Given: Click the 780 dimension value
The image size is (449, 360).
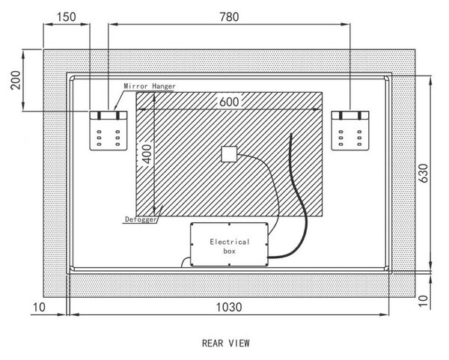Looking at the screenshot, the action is (229, 17).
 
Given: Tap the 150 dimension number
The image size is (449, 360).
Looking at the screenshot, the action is (66, 17).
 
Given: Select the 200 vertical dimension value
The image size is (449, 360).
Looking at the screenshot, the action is (16, 80).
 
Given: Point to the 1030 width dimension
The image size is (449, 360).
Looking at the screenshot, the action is (229, 308).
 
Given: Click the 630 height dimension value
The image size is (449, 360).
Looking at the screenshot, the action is (424, 173).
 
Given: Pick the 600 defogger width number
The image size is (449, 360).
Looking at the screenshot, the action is (229, 102).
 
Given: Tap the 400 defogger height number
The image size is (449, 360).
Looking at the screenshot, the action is (147, 154).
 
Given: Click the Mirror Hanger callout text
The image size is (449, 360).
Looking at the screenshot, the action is (150, 86).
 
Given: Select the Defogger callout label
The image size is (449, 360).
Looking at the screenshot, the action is (141, 219).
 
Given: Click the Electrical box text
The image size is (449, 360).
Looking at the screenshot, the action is (230, 246).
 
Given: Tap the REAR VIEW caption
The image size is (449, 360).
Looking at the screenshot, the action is (226, 343).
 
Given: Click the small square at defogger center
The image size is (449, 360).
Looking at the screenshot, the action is (229, 154).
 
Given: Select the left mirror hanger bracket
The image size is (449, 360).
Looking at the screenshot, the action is (109, 130).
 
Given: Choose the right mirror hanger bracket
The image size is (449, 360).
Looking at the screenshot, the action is (350, 130).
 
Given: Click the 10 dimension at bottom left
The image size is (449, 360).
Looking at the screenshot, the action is (39, 308).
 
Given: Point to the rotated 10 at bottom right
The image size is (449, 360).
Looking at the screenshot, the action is (424, 301).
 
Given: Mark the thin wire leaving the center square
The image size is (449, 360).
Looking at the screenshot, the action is (268, 186).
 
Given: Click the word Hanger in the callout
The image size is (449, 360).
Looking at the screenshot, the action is (164, 86).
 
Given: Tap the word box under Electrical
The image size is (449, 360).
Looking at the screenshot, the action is (230, 251).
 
